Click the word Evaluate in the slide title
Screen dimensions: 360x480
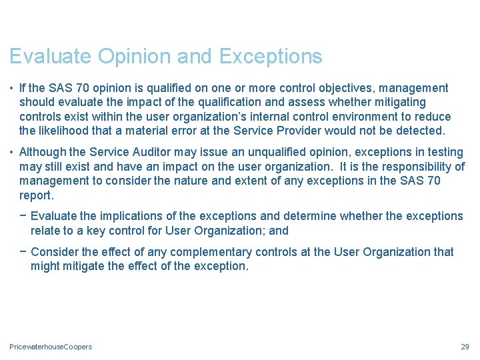pos(51,57)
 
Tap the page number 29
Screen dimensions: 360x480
pos(465,347)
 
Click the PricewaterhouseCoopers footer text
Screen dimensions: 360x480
pos(51,347)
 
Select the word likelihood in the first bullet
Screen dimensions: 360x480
pos(66,131)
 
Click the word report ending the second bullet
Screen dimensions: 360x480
pos(35,195)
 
